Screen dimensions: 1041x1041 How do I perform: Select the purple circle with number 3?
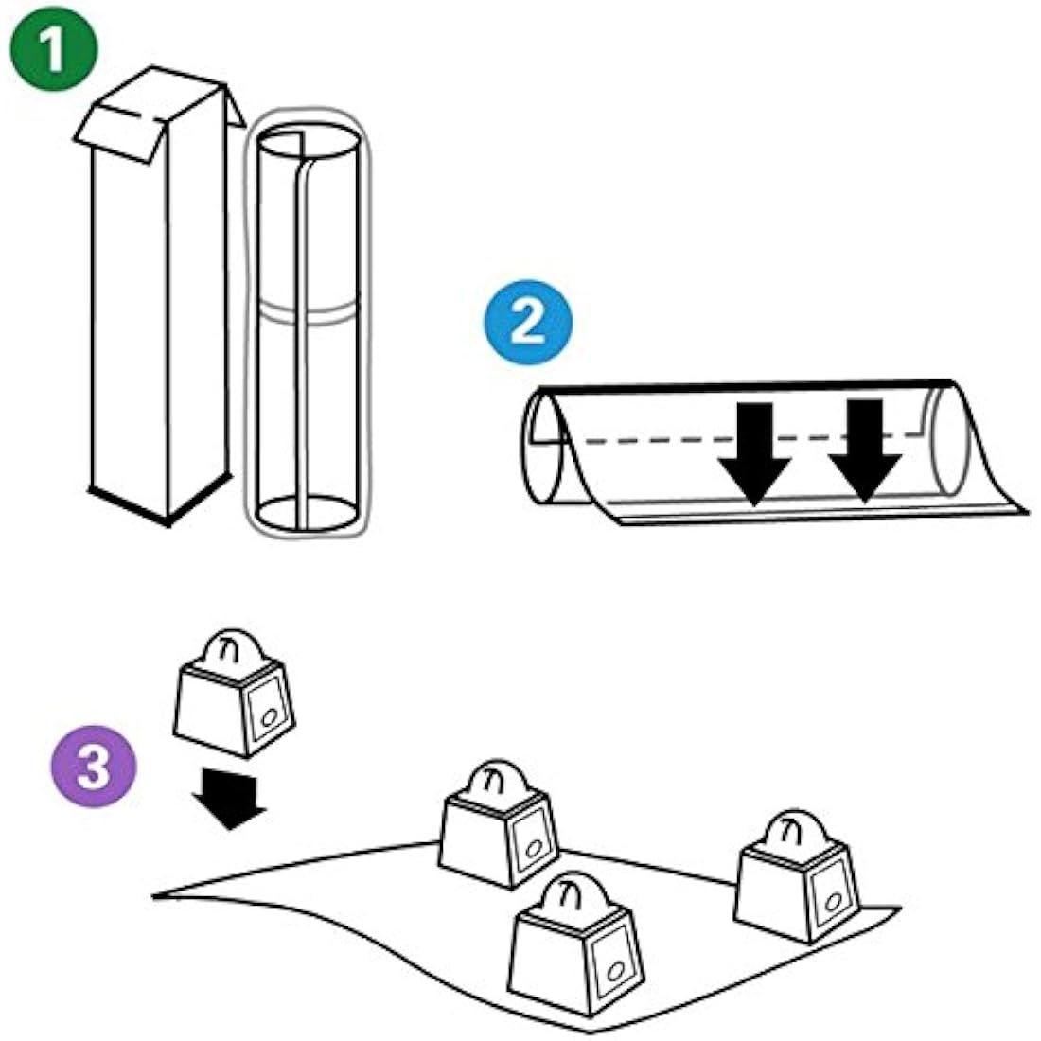(x=93, y=765)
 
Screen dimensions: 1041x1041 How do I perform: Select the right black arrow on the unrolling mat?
(x=864, y=450)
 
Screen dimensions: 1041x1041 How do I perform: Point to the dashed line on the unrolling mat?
(x=662, y=438)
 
